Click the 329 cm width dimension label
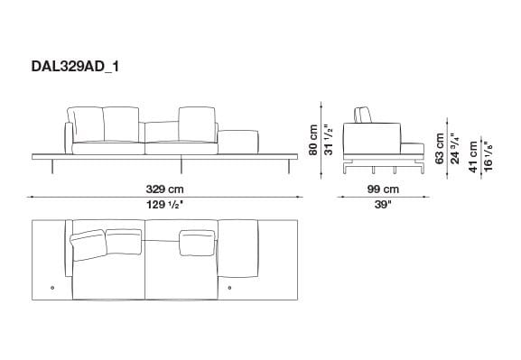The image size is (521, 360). tap(165, 189)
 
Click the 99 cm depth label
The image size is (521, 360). tap(383, 189)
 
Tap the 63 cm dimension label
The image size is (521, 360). tap(440, 147)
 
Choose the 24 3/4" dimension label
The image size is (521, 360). tap(454, 147)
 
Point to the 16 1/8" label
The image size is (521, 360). tap(488, 154)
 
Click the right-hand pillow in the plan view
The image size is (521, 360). tap(199, 240)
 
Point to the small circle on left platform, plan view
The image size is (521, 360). tap(52, 288)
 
